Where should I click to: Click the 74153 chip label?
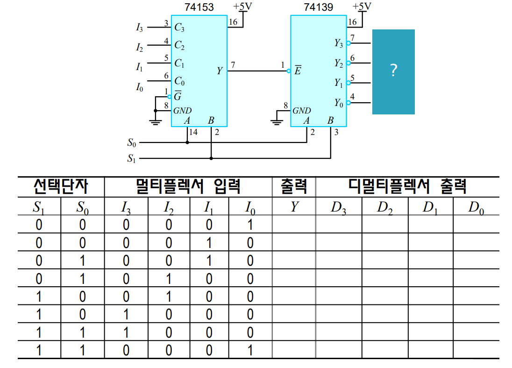(199, 7)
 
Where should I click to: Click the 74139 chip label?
(319, 7)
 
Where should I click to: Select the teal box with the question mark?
(393, 71)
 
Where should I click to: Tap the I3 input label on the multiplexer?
(140, 28)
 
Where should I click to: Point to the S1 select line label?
(132, 159)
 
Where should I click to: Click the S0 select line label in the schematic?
(132, 142)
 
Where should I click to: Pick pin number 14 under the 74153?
(193, 132)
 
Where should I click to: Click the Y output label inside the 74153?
(220, 71)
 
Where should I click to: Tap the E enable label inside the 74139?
(298, 71)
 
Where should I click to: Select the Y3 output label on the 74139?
(339, 43)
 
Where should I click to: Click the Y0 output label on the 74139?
(339, 103)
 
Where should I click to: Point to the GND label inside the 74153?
(182, 111)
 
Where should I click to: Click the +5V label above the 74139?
(362, 7)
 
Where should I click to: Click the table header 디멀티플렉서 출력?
(407, 187)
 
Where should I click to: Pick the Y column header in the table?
(294, 207)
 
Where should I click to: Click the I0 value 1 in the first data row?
(250, 225)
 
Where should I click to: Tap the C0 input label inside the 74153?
(179, 82)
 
